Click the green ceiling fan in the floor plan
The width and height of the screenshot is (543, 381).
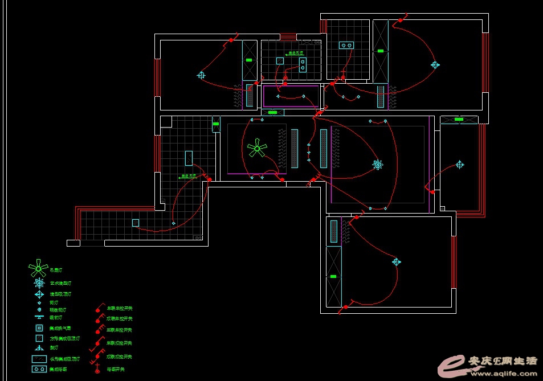(257, 149)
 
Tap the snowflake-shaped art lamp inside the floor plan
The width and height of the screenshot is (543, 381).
(377, 165)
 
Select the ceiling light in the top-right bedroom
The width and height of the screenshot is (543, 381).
(435, 65)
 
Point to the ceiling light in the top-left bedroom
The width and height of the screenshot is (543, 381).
(201, 75)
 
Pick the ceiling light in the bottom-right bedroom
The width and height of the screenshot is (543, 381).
(396, 262)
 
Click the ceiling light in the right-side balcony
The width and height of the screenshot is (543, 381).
(460, 165)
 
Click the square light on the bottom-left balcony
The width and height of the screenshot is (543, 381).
(136, 223)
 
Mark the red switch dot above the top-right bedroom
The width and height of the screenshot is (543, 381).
(401, 21)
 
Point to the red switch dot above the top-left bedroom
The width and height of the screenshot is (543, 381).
(231, 40)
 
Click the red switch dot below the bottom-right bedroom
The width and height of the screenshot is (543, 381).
(345, 308)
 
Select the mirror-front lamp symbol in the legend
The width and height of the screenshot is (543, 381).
(39, 317)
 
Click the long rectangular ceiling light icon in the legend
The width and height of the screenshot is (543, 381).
(39, 359)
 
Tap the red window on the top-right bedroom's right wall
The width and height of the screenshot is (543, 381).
(485, 62)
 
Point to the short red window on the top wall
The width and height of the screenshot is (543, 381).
(288, 36)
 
